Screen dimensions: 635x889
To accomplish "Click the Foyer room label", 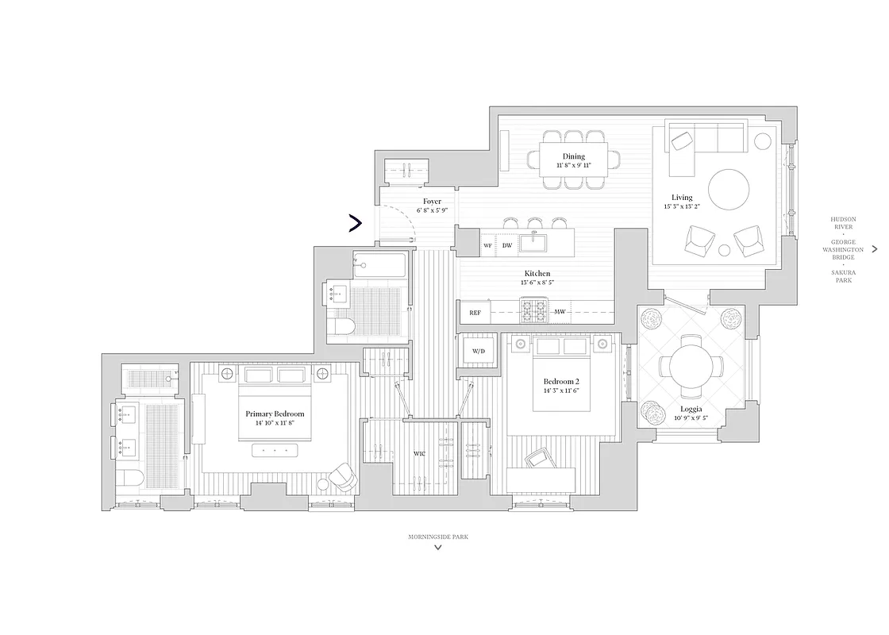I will (x=432, y=202).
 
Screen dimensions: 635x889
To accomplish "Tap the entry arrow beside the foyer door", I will (x=356, y=224).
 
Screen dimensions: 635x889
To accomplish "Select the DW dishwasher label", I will (x=507, y=246).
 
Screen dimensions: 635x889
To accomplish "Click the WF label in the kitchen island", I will (x=488, y=246).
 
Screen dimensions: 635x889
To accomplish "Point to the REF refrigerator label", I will (x=475, y=313).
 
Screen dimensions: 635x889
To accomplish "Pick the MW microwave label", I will (x=560, y=312).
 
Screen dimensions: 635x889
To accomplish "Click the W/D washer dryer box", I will (x=479, y=350).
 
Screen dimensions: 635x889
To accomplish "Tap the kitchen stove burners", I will (x=534, y=310).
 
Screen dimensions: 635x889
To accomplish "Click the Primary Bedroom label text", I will (x=275, y=414).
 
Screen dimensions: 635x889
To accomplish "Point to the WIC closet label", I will (x=420, y=454).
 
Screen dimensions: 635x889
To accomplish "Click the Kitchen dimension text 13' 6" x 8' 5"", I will (x=537, y=283).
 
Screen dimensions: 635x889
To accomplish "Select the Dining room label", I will (x=573, y=156).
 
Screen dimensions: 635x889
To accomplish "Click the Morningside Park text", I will (x=438, y=537).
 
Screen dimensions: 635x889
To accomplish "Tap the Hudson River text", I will (x=843, y=222).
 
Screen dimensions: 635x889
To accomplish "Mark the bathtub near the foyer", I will (x=379, y=263).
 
